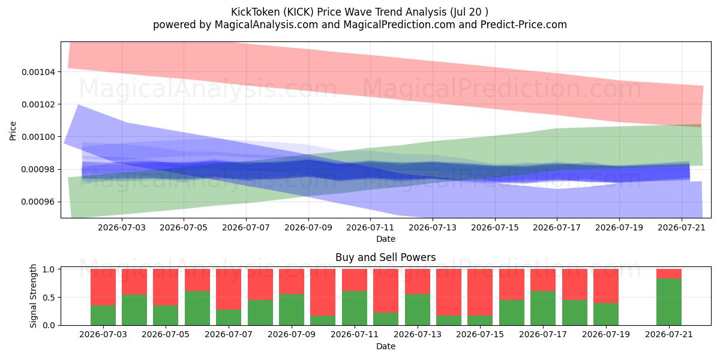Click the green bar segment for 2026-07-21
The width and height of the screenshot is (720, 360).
(x=668, y=301)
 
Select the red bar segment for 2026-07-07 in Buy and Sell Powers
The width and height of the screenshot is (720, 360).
(x=228, y=289)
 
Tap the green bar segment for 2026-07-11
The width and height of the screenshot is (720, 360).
(x=354, y=308)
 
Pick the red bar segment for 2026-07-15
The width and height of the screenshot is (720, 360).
(x=479, y=292)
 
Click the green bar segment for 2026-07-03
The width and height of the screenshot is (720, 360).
(x=103, y=315)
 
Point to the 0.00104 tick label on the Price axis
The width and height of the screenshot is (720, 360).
(x=38, y=72)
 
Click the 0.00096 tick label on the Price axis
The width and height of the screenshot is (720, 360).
(x=38, y=202)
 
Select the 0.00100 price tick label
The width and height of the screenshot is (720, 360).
(x=38, y=137)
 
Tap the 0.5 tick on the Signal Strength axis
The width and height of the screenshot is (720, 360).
(x=49, y=298)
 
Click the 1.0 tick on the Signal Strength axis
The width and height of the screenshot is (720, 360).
(x=49, y=269)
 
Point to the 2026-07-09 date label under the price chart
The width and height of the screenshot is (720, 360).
(x=308, y=227)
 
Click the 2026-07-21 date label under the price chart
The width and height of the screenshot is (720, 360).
(x=682, y=227)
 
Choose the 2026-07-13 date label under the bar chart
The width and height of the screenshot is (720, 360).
(x=417, y=334)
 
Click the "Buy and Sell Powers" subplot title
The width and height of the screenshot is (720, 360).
(x=386, y=257)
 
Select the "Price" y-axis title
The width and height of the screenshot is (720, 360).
(x=13, y=131)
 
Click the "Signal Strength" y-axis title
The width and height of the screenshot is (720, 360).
(x=33, y=296)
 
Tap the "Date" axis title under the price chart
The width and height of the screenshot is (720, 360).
(x=386, y=239)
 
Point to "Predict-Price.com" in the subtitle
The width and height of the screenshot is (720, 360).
(x=524, y=25)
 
